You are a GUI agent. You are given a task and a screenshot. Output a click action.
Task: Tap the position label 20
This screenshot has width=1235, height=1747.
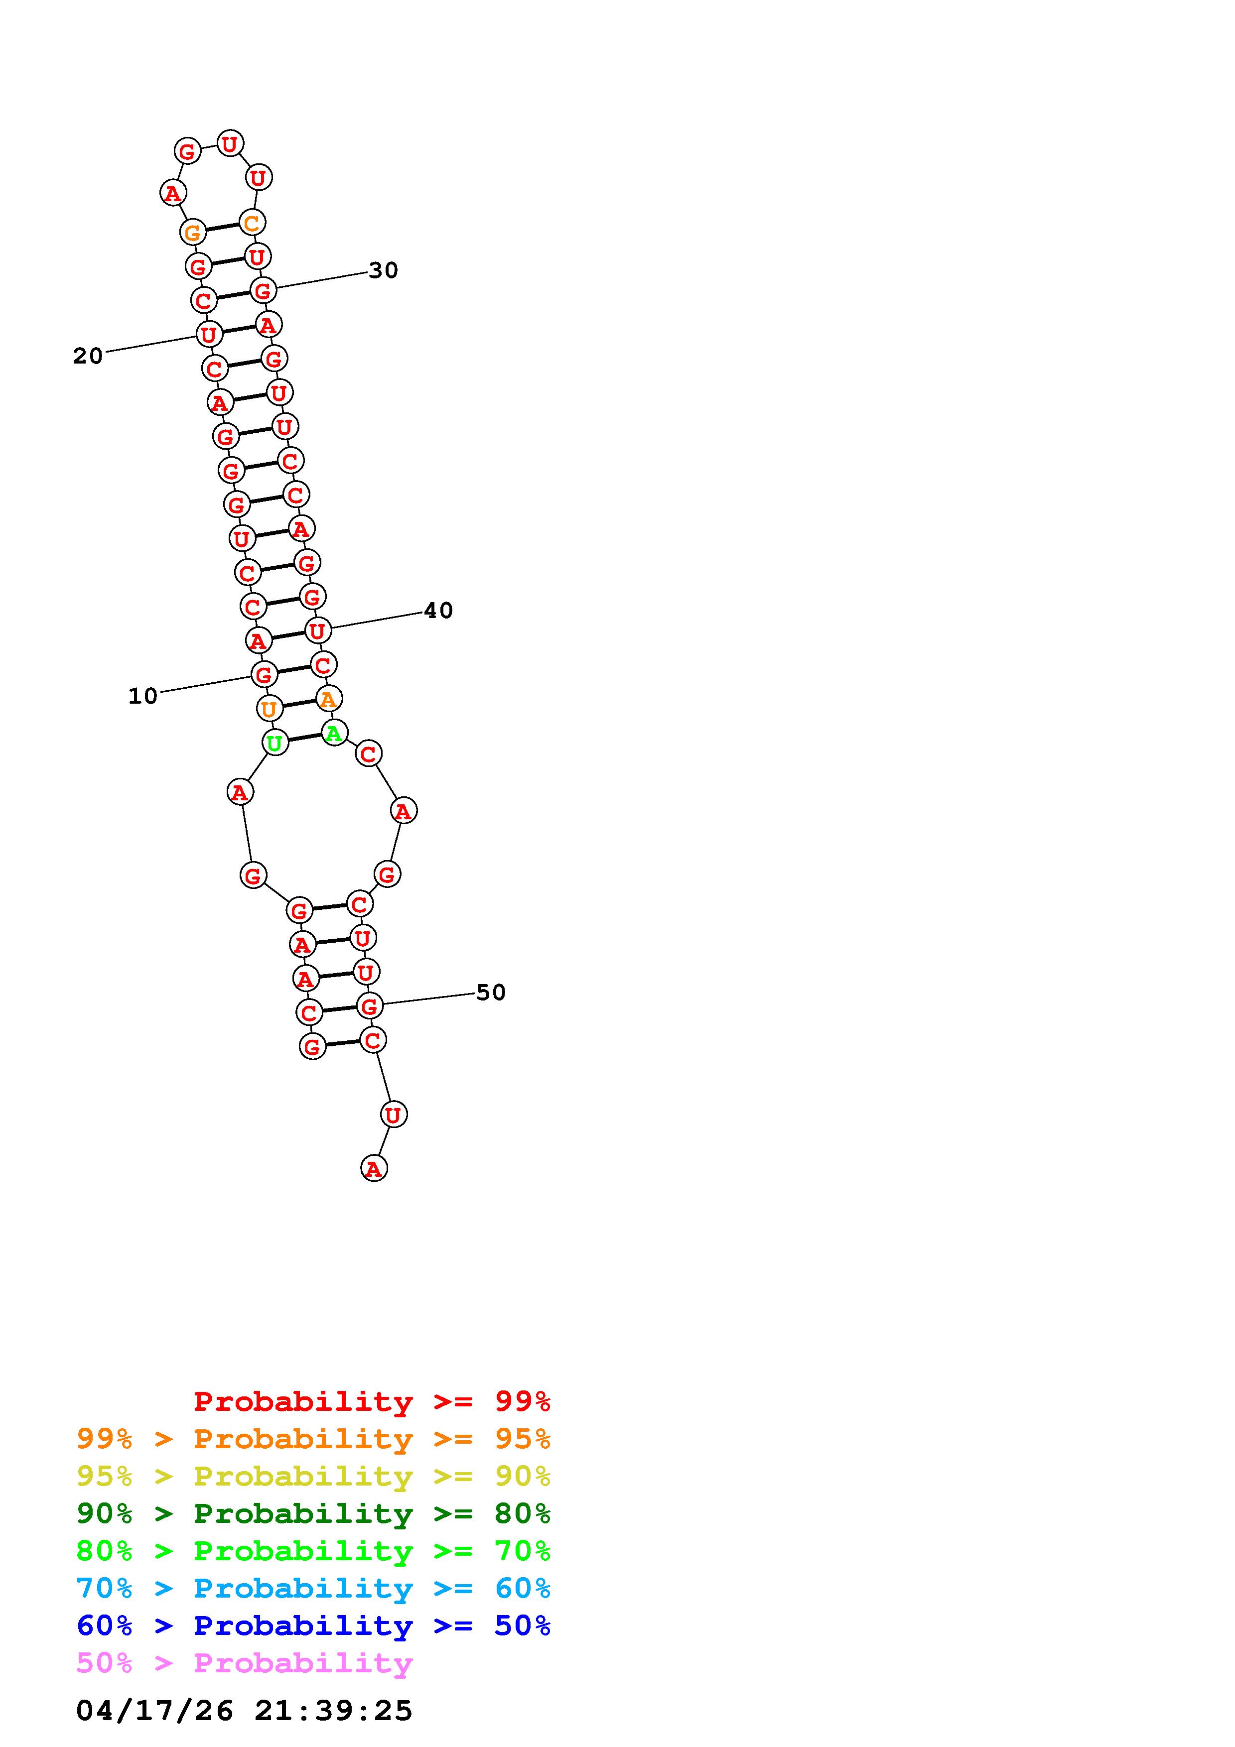(88, 356)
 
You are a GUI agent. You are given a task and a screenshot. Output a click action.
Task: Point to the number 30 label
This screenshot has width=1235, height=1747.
(384, 270)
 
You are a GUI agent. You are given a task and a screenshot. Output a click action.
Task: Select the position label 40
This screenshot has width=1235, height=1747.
(438, 610)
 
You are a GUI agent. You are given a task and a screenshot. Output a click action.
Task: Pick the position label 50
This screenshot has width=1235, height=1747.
(491, 992)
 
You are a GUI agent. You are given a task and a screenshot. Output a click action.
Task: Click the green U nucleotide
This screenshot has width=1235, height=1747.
(274, 742)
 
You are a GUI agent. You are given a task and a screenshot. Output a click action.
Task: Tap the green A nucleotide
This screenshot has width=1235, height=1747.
(334, 733)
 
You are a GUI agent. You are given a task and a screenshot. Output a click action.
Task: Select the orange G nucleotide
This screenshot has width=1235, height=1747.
(193, 232)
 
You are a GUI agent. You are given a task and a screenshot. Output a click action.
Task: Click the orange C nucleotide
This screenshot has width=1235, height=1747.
(251, 223)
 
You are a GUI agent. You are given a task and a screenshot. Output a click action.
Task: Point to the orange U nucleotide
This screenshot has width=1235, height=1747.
(269, 708)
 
